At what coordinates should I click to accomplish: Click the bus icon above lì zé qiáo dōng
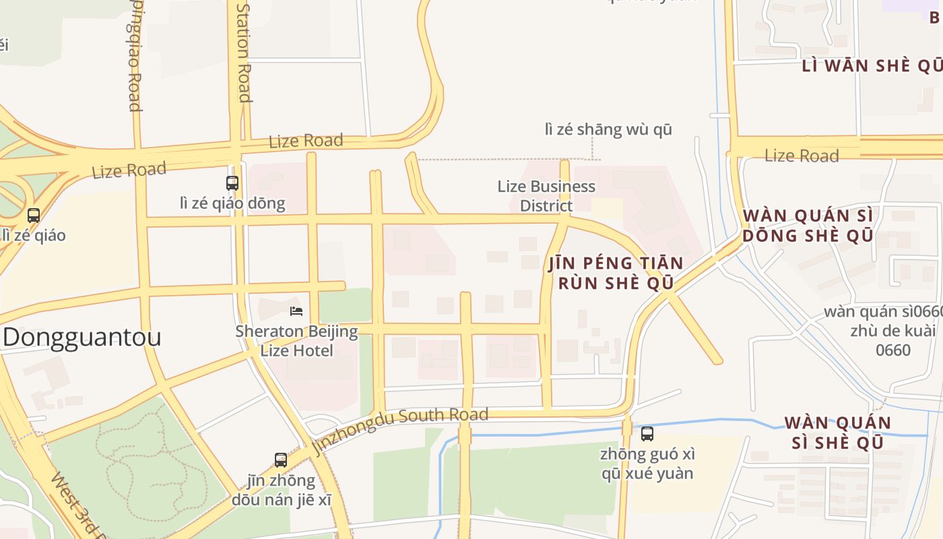click(232, 183)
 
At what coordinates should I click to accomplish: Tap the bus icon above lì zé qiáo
click(33, 216)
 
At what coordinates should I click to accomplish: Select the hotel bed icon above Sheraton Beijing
click(296, 311)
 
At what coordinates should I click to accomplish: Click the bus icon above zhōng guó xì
click(647, 434)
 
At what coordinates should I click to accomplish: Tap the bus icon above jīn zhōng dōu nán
click(281, 460)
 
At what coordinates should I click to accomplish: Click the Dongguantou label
click(82, 337)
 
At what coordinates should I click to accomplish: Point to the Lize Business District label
click(546, 196)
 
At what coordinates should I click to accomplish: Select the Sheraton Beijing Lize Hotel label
click(296, 341)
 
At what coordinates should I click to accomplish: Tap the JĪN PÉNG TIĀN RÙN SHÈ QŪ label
click(616, 273)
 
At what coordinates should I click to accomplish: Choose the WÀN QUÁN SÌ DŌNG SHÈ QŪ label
click(808, 226)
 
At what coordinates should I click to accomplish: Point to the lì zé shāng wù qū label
click(608, 129)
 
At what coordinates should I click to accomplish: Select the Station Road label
click(244, 52)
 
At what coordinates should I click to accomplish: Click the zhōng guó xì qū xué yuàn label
click(647, 464)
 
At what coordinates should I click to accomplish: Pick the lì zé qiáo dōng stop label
click(232, 203)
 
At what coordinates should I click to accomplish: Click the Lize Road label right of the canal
click(802, 156)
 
